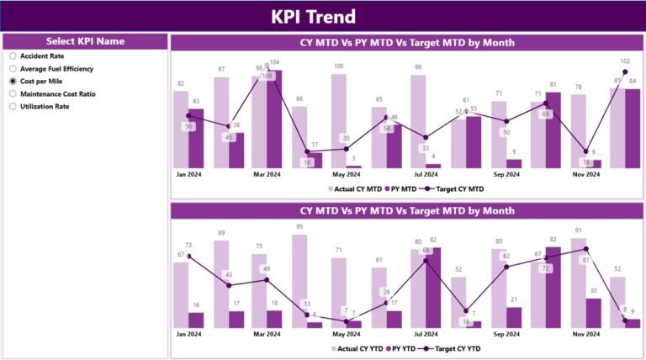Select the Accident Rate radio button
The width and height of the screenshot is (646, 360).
(x=13, y=56)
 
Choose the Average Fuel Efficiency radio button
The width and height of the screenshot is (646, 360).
(x=13, y=68)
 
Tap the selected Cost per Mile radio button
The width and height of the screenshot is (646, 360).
(x=13, y=81)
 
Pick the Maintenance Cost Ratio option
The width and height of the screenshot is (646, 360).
(x=13, y=93)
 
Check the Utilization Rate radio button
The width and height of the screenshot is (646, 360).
(x=13, y=106)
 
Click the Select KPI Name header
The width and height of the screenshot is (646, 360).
(x=85, y=40)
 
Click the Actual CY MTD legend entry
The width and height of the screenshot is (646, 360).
(x=353, y=189)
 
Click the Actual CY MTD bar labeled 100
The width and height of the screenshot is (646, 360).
(x=338, y=121)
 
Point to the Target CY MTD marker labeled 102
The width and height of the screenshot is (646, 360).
(x=625, y=72)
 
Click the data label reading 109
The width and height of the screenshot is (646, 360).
(x=267, y=77)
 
